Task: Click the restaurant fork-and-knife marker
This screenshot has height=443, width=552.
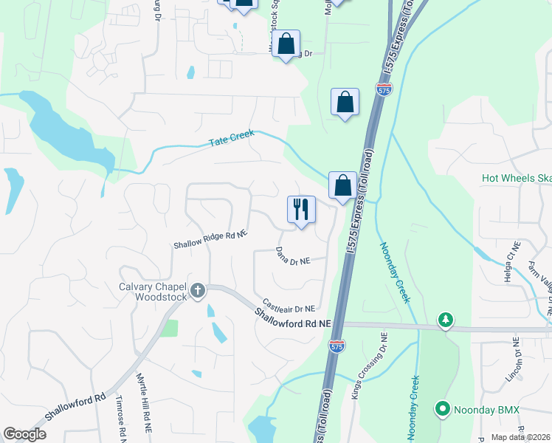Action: [x=301, y=210]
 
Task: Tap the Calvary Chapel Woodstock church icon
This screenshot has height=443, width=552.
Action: [x=197, y=291]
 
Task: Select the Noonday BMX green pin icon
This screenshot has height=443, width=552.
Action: [x=443, y=408]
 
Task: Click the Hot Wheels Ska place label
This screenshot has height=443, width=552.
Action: [x=516, y=178]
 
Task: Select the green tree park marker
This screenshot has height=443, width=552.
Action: [x=445, y=319]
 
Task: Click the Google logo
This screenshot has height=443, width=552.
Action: [x=24, y=434]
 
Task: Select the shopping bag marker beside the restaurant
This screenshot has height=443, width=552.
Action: [x=342, y=186]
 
